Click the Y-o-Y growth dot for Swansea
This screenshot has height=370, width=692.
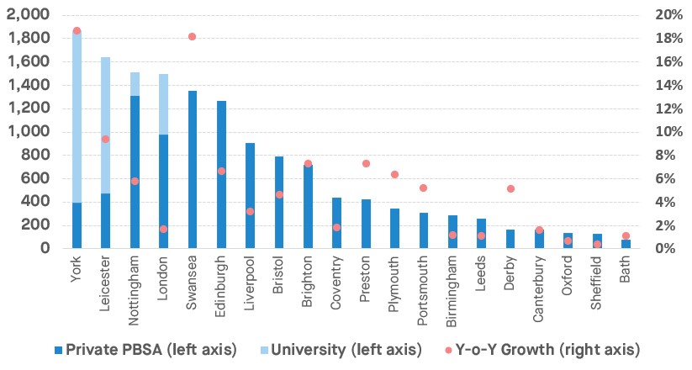(x=192, y=37)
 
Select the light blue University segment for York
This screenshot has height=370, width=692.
(x=77, y=118)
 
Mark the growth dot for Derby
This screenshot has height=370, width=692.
(x=510, y=188)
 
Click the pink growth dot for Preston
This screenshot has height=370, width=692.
(x=366, y=163)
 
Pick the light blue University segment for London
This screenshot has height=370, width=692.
(x=163, y=104)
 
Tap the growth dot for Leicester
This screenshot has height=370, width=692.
(x=105, y=139)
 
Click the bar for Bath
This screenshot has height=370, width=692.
(x=626, y=244)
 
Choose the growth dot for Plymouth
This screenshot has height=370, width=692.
(x=394, y=175)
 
